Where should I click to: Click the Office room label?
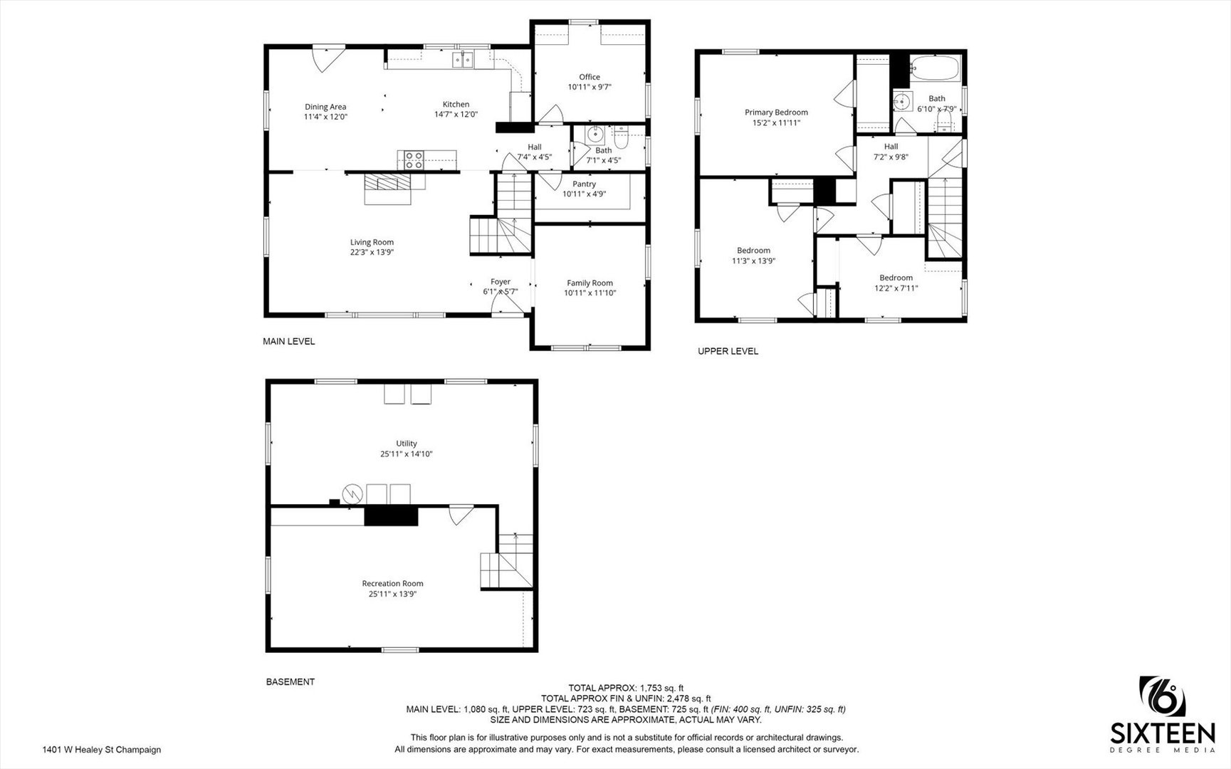click(x=590, y=77)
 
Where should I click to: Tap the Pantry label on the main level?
click(x=584, y=184)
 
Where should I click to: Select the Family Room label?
click(x=590, y=283)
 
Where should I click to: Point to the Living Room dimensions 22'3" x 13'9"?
click(x=372, y=252)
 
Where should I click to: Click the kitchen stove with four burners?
click(x=414, y=160)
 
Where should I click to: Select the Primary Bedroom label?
click(x=776, y=113)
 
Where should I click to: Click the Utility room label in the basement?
click(x=407, y=444)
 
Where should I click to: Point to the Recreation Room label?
click(x=392, y=584)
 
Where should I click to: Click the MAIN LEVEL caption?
click(x=289, y=342)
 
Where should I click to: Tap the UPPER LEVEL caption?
click(x=728, y=351)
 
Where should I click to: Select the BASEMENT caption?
click(x=290, y=682)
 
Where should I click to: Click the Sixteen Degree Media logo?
click(x=1163, y=714)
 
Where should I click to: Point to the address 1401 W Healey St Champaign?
click(x=102, y=750)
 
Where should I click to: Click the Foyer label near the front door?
click(x=501, y=282)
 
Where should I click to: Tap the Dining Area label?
click(x=325, y=107)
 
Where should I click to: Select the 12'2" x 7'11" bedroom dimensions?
click(x=896, y=288)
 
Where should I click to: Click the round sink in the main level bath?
click(x=594, y=135)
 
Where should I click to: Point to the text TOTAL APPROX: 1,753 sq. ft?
click(x=626, y=688)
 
